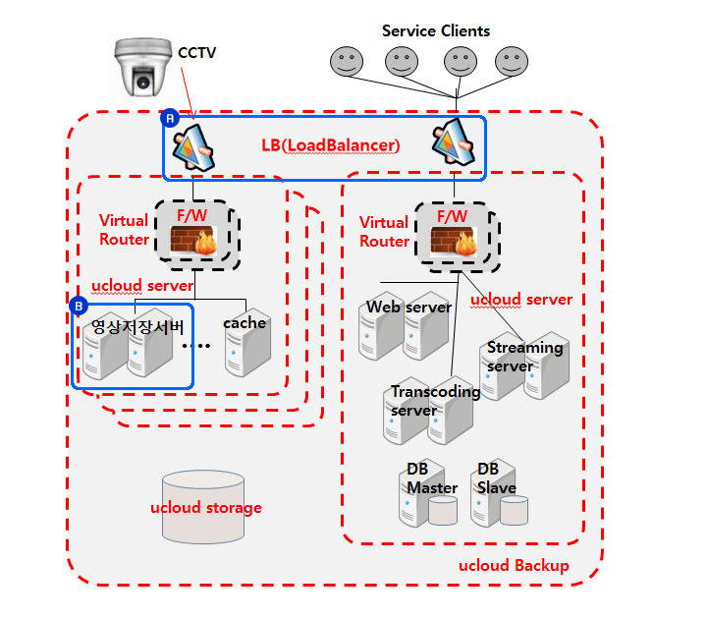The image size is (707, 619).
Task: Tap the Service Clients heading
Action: [x=435, y=30]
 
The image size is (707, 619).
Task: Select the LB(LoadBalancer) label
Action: [x=330, y=145]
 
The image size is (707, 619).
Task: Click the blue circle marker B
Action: [x=80, y=307]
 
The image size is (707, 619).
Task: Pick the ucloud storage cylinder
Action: [x=204, y=507]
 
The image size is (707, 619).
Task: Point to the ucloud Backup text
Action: [x=514, y=566]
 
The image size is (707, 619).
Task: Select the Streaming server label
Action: [x=524, y=357]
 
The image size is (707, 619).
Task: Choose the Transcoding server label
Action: [x=435, y=401]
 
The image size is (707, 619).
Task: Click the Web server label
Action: [x=408, y=308]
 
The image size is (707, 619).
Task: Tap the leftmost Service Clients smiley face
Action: [x=345, y=63]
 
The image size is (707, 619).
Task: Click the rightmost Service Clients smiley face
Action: [x=510, y=63]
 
